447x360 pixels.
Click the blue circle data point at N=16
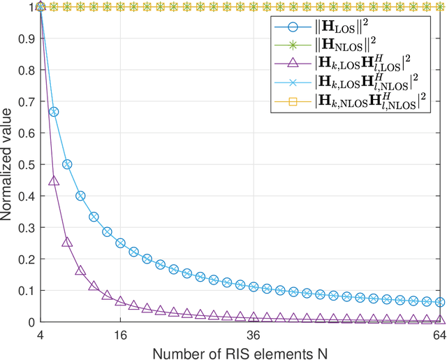pos(120,243)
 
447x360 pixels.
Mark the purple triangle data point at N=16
pos(120,302)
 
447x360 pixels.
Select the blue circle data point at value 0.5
pos(67,164)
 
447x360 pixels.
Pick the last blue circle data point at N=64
pos(439,302)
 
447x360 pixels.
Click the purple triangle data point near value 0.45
pos(54,180)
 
